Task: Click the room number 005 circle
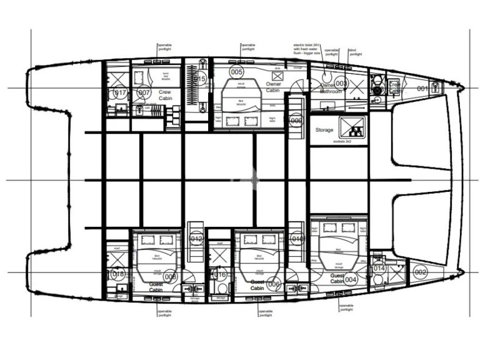236,72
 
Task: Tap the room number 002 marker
420,271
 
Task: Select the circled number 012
196,239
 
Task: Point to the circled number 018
117,274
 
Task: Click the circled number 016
220,274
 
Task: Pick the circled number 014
378,268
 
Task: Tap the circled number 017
120,93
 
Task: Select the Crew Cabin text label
166,94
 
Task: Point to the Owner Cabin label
273,87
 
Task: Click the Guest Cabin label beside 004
337,277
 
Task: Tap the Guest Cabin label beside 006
257,286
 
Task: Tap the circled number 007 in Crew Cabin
144,93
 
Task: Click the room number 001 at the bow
423,89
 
